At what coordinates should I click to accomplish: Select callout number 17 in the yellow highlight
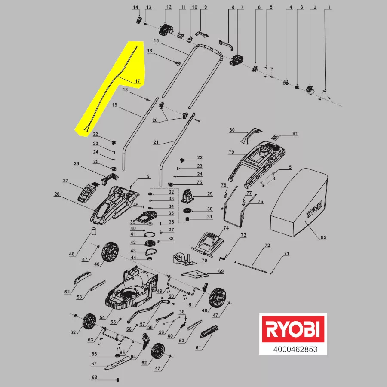click(x=138, y=81)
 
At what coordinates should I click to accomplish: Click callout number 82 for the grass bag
click(x=323, y=237)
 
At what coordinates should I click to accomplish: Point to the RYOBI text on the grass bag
click(x=314, y=209)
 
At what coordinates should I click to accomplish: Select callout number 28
click(x=57, y=194)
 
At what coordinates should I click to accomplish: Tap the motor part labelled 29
click(x=187, y=196)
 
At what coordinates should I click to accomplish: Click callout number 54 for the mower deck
click(x=102, y=317)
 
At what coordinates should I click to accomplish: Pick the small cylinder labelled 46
click(x=94, y=231)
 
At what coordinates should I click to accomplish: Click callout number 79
click(x=231, y=152)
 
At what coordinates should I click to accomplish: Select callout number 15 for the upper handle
click(x=156, y=41)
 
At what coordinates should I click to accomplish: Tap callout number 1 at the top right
click(x=329, y=7)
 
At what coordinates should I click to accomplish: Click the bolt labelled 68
click(x=117, y=380)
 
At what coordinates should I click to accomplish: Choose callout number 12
click(x=169, y=7)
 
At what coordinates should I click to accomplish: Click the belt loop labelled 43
click(x=150, y=252)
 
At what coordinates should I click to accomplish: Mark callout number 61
click(x=198, y=348)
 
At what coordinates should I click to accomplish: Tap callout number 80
click(x=232, y=130)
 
